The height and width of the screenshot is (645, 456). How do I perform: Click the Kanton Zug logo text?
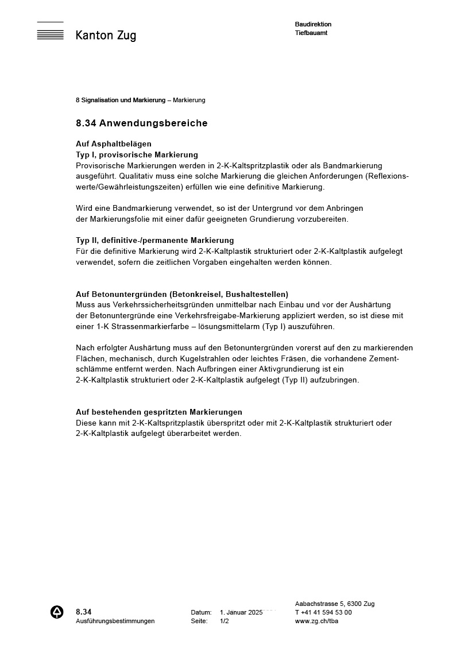coord(106,36)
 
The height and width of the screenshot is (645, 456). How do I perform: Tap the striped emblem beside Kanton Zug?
coord(50,32)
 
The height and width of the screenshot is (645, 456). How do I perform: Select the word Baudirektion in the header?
coord(313,24)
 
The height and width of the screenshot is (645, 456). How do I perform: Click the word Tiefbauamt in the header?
coord(311,33)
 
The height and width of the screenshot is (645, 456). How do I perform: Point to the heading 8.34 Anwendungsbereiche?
coord(141,123)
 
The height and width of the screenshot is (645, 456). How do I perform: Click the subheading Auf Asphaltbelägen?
coord(114,144)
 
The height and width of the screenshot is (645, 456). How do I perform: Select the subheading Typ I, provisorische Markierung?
coord(137,155)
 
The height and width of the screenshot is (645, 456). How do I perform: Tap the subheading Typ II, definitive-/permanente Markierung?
coord(154,240)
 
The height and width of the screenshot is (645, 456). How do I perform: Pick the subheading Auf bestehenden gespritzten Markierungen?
coord(159,412)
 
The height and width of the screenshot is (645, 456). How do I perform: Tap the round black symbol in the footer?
coord(57,612)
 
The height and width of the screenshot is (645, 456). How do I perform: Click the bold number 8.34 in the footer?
coord(84,612)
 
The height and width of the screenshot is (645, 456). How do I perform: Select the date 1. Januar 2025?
coord(241,612)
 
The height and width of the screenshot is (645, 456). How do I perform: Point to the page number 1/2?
coord(224,621)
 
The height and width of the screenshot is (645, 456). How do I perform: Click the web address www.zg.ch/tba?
coord(316,621)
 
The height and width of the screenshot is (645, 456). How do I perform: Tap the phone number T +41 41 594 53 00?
coord(323,612)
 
